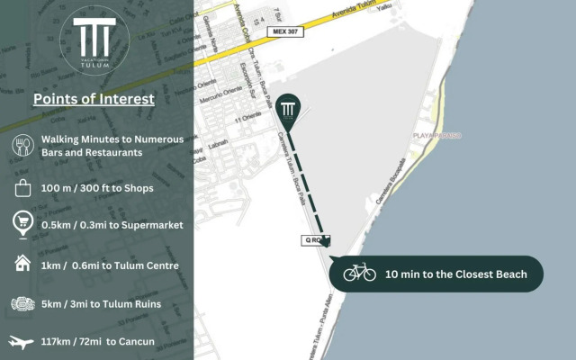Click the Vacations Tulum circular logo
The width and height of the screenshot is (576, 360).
tap(96, 43)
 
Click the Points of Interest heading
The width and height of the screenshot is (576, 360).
tap(94, 99)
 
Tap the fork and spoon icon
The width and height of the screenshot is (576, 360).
tap(22, 146)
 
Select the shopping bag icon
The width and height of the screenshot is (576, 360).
tap(22, 188)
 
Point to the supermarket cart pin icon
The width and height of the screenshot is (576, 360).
tap(22, 224)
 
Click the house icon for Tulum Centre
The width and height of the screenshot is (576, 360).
tap(22, 264)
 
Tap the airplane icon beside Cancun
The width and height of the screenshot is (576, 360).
tap(22, 342)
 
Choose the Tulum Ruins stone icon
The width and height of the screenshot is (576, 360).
tap(22, 303)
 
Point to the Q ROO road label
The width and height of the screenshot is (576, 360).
tap(315, 241)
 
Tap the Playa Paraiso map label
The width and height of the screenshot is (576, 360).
tap(436, 135)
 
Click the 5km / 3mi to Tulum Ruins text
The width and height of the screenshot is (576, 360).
tap(102, 303)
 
